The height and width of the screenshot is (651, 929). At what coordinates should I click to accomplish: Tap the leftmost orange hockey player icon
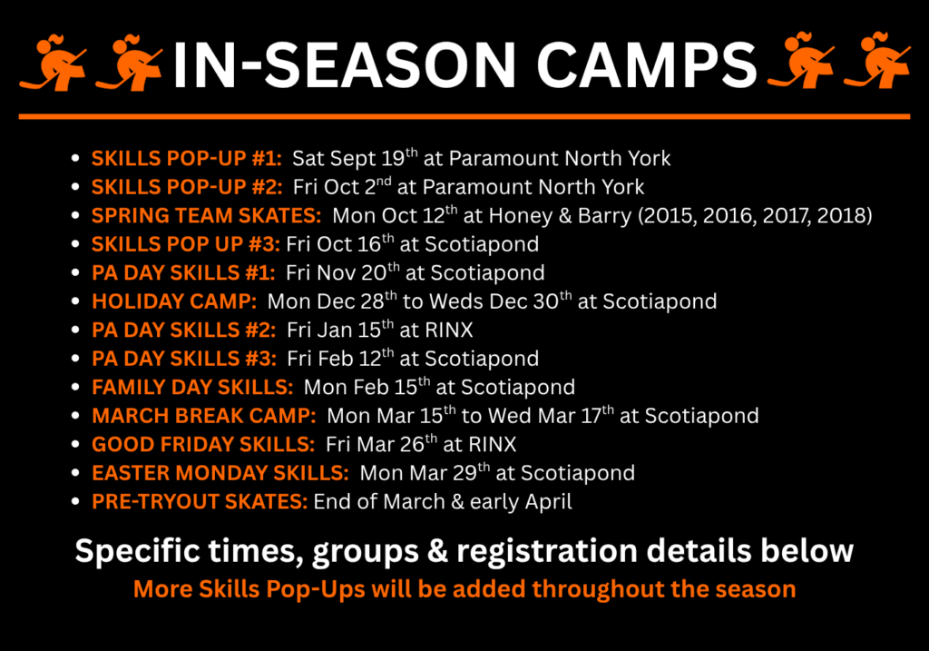pyautogui.click(x=54, y=63)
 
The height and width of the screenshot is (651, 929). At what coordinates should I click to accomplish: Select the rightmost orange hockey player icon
pyautogui.click(x=877, y=61)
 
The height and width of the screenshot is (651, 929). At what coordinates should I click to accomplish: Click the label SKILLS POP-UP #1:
pyautogui.click(x=187, y=158)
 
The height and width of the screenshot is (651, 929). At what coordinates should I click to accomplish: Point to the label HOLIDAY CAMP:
pyautogui.click(x=174, y=301)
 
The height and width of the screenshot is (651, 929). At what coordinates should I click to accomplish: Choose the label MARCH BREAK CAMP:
pyautogui.click(x=204, y=416)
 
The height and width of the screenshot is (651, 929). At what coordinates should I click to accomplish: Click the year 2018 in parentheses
pyautogui.click(x=841, y=215)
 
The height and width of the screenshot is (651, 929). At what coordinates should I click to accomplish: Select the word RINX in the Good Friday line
pyautogui.click(x=493, y=444)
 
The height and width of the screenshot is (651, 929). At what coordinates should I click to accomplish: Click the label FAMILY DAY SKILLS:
pyautogui.click(x=192, y=387)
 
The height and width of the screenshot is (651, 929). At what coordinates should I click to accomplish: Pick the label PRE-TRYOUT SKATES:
pyautogui.click(x=200, y=501)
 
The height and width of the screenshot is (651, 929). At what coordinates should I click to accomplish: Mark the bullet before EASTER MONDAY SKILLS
pyautogui.click(x=75, y=472)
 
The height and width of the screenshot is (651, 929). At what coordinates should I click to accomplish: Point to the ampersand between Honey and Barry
pyautogui.click(x=564, y=215)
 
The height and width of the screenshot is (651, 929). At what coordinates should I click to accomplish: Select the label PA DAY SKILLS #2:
pyautogui.click(x=183, y=330)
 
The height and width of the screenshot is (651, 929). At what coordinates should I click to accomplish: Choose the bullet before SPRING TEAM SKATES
pyautogui.click(x=75, y=215)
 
